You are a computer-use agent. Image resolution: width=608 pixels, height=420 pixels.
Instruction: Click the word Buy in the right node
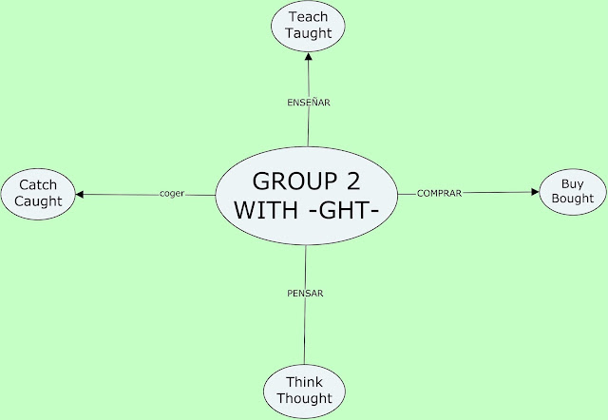click(x=571, y=182)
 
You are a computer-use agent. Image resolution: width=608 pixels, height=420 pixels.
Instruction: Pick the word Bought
click(x=571, y=199)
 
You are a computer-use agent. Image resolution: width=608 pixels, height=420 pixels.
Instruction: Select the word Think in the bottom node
click(x=304, y=383)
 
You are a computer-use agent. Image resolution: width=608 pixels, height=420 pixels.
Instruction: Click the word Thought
click(x=304, y=399)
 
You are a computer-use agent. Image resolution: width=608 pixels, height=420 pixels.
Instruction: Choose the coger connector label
click(x=172, y=195)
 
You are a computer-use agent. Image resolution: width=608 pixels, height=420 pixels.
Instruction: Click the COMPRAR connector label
click(x=439, y=194)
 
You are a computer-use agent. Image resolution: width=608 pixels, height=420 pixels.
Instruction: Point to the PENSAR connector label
click(x=305, y=294)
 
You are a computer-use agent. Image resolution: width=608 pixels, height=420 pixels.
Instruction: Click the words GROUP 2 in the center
click(x=305, y=181)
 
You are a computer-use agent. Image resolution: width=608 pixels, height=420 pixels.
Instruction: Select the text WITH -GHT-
click(x=305, y=211)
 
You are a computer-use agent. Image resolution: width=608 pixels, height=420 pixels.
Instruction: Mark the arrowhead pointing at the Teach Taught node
click(x=307, y=55)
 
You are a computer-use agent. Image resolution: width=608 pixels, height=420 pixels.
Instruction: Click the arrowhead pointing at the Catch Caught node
click(x=81, y=195)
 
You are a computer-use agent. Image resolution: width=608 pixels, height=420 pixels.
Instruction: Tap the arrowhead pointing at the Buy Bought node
click(x=533, y=192)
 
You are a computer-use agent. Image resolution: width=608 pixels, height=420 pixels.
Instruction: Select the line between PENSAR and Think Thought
click(x=305, y=333)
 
